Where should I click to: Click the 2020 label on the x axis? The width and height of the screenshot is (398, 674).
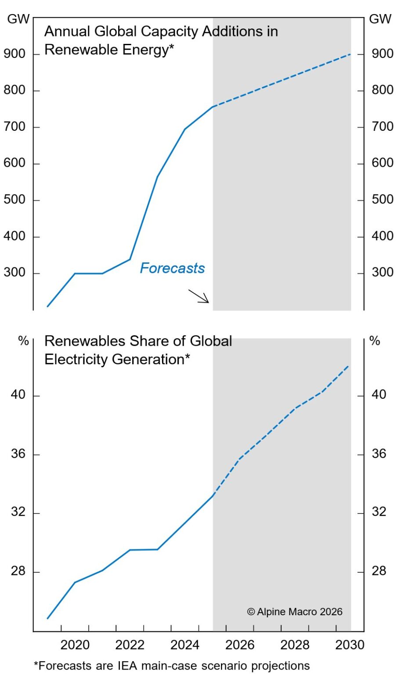click(x=75, y=645)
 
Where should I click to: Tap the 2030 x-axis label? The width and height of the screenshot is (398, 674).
click(x=350, y=645)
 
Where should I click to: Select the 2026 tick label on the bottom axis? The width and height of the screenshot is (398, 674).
click(x=240, y=645)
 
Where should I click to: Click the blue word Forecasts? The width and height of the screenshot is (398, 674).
click(x=172, y=268)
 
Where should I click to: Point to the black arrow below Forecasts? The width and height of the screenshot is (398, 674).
click(x=199, y=296)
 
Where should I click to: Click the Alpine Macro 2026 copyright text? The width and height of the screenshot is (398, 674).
click(x=295, y=612)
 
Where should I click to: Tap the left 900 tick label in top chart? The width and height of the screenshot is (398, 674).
click(x=14, y=54)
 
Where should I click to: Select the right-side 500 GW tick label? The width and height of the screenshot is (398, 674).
click(x=382, y=200)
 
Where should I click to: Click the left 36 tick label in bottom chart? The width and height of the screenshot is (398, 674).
click(x=18, y=454)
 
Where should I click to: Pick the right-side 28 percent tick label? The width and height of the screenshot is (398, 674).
click(x=379, y=571)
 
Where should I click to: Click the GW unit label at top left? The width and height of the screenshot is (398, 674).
click(x=18, y=19)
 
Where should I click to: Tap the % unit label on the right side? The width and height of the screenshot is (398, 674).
click(x=375, y=341)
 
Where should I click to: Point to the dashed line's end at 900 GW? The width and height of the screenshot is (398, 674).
click(x=350, y=54)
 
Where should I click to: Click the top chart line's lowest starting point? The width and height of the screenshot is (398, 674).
click(x=47, y=306)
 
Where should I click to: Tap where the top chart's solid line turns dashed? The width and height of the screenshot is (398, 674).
click(x=213, y=107)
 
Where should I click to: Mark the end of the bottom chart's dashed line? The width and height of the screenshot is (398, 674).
click(x=348, y=366)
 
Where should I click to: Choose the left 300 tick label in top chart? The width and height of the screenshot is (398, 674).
click(x=14, y=272)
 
